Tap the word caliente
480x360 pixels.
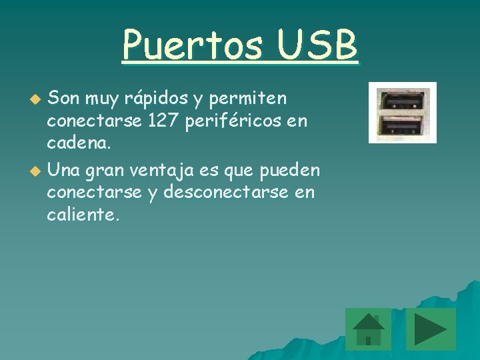click(x=83, y=216)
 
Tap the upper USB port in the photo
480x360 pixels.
click(x=402, y=101)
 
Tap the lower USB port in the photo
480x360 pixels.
click(x=402, y=126)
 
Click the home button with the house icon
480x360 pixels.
click(x=368, y=329)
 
